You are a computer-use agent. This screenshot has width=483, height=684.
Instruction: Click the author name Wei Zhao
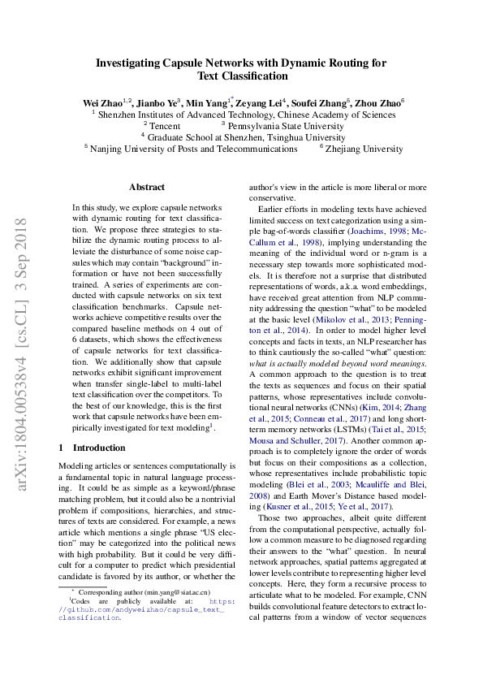(x=101, y=103)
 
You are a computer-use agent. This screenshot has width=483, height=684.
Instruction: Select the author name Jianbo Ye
(x=156, y=103)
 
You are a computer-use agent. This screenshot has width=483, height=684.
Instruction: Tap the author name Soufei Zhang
(x=319, y=103)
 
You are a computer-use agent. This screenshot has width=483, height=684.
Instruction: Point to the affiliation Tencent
(x=165, y=127)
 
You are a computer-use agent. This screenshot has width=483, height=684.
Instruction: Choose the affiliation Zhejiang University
(x=364, y=149)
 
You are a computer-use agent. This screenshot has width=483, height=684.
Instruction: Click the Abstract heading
(x=146, y=187)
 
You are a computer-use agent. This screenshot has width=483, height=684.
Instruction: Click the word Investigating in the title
(x=134, y=62)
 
